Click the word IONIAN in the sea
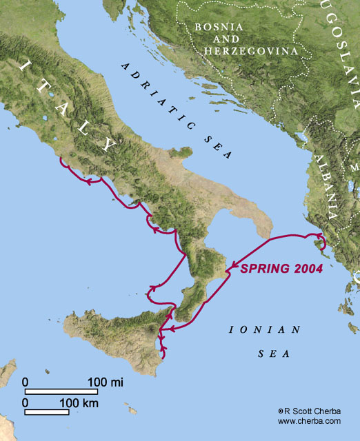[x=266, y=329]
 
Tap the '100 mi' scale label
[x=106, y=382]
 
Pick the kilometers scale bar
[x=47, y=412]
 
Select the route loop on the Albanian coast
[x=319, y=243]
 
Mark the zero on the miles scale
[x=26, y=382]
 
